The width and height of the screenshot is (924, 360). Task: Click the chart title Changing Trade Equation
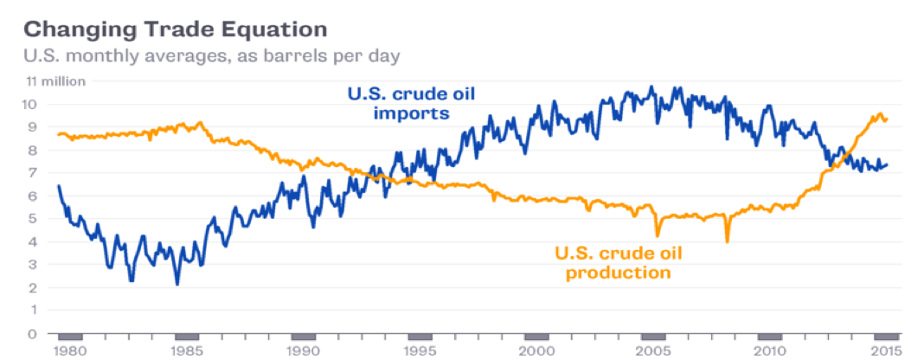click(x=175, y=29)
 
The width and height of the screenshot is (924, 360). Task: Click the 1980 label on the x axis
click(x=70, y=350)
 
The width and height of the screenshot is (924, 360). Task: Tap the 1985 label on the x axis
click(x=186, y=350)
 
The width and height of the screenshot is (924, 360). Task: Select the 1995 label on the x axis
click(x=420, y=350)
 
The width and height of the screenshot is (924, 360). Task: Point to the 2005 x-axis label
click(x=653, y=350)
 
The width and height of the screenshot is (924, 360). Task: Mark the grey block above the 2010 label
click(x=770, y=337)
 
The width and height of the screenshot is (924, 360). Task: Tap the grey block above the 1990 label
click(x=303, y=337)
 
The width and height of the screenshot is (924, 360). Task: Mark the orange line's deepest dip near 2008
click(x=727, y=241)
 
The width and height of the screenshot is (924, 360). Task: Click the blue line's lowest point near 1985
click(x=176, y=284)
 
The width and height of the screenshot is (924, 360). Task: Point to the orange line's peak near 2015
click(x=880, y=113)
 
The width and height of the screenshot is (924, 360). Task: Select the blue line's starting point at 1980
click(x=58, y=186)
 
